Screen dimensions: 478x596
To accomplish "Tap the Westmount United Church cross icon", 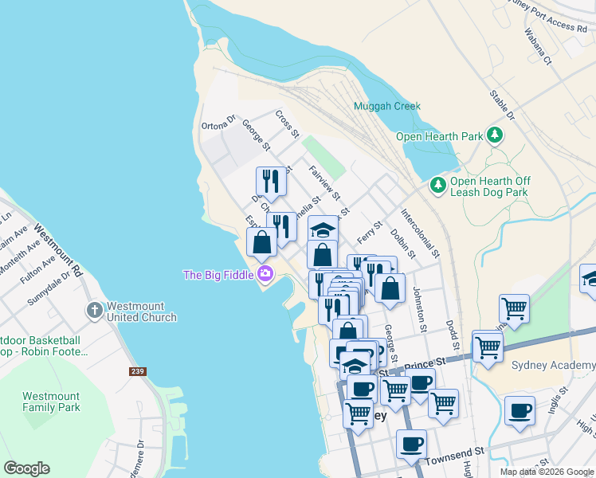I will click(x=94, y=309).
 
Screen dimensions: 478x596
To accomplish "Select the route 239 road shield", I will click(x=138, y=371).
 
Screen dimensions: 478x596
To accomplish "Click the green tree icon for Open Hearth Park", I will click(x=496, y=135).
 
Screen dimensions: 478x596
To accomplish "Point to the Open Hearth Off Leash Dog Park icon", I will click(x=437, y=186).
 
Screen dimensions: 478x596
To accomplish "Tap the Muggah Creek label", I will click(x=387, y=106).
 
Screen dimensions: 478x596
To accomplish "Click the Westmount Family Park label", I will click(x=52, y=402).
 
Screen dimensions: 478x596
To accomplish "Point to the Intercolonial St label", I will click(x=420, y=233).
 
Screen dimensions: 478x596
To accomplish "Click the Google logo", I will click(x=26, y=468).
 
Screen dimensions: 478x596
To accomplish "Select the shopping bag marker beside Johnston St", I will click(x=390, y=288).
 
